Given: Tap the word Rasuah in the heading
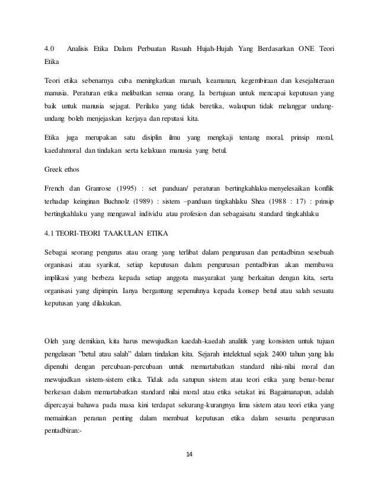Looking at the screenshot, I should coord(184,48).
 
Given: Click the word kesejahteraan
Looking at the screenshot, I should coord(308,80).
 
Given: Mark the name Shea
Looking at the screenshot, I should coord(272,202).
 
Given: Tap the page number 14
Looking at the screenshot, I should coord(189,454).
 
